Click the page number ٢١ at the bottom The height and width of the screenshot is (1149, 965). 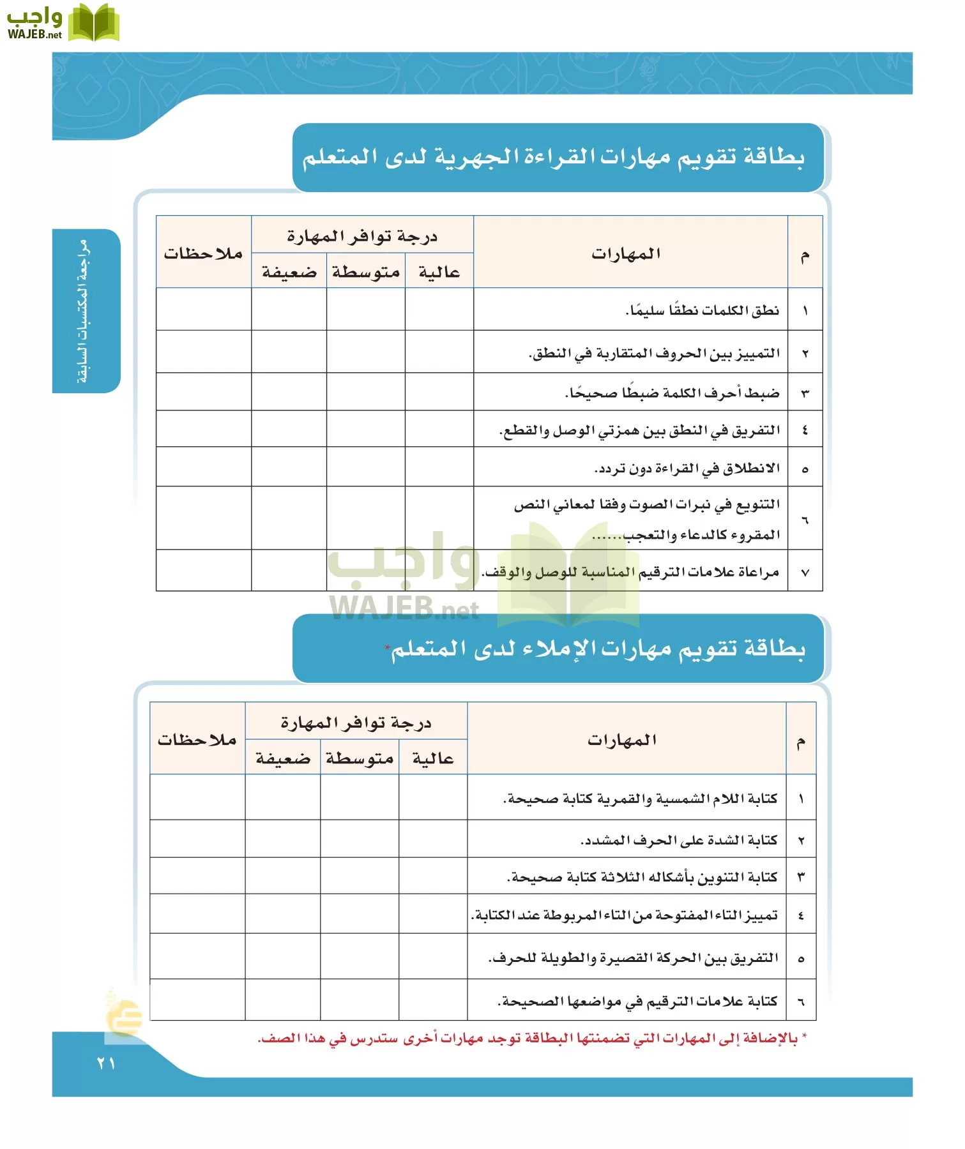(x=106, y=1063)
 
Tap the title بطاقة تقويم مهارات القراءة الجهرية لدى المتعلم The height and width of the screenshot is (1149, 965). (x=553, y=157)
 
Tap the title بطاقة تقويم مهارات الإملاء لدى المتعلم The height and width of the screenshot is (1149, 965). (x=597, y=649)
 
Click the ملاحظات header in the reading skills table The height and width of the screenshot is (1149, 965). (x=203, y=253)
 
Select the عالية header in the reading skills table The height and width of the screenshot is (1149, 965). (x=439, y=272)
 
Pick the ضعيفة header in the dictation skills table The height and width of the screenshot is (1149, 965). (x=283, y=758)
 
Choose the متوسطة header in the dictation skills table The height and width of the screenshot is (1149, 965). (x=360, y=758)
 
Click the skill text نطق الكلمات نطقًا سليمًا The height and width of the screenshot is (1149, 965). (x=703, y=310)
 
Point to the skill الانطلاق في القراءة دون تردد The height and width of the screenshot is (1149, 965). (x=687, y=469)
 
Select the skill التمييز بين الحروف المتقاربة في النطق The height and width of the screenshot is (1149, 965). (x=655, y=353)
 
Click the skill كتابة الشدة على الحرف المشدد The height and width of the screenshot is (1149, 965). (x=679, y=840)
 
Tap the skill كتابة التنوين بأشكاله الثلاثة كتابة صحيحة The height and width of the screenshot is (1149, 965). (x=642, y=877)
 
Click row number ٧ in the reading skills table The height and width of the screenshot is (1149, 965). (x=805, y=573)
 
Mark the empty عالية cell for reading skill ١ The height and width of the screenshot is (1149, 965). (x=439, y=310)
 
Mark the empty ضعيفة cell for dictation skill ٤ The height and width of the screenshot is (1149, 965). (x=283, y=914)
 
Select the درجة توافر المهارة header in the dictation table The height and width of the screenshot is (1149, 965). (x=356, y=723)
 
